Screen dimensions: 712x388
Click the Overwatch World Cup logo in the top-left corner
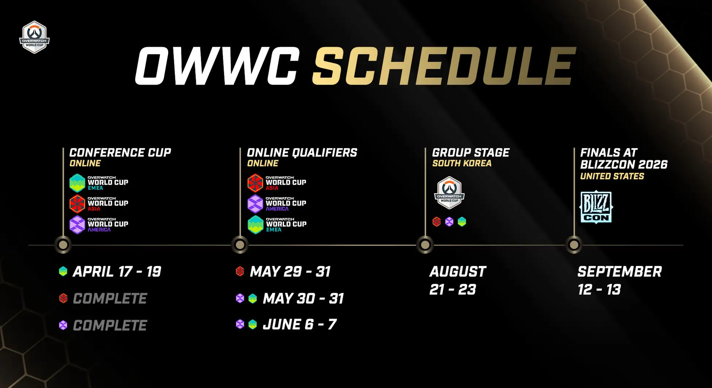34,37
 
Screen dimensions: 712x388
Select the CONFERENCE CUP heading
120,152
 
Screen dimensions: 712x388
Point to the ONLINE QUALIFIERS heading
302,152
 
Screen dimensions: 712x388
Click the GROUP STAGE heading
471,152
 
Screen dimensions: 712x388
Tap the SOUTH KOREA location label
462,163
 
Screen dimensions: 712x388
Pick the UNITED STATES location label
612,176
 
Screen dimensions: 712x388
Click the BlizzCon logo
596,207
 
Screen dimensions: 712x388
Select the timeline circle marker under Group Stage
425,245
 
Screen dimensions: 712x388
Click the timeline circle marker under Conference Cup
63,245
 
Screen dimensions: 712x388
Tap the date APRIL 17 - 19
117,272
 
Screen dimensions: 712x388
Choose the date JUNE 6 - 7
299,324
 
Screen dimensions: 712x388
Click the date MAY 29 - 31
290,272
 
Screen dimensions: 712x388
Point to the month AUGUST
458,272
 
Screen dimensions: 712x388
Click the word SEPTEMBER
620,272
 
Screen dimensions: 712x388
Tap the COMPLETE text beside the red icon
110,299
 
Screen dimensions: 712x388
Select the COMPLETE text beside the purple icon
110,325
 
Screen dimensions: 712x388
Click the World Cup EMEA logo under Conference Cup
99,183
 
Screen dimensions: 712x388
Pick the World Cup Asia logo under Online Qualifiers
277,183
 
